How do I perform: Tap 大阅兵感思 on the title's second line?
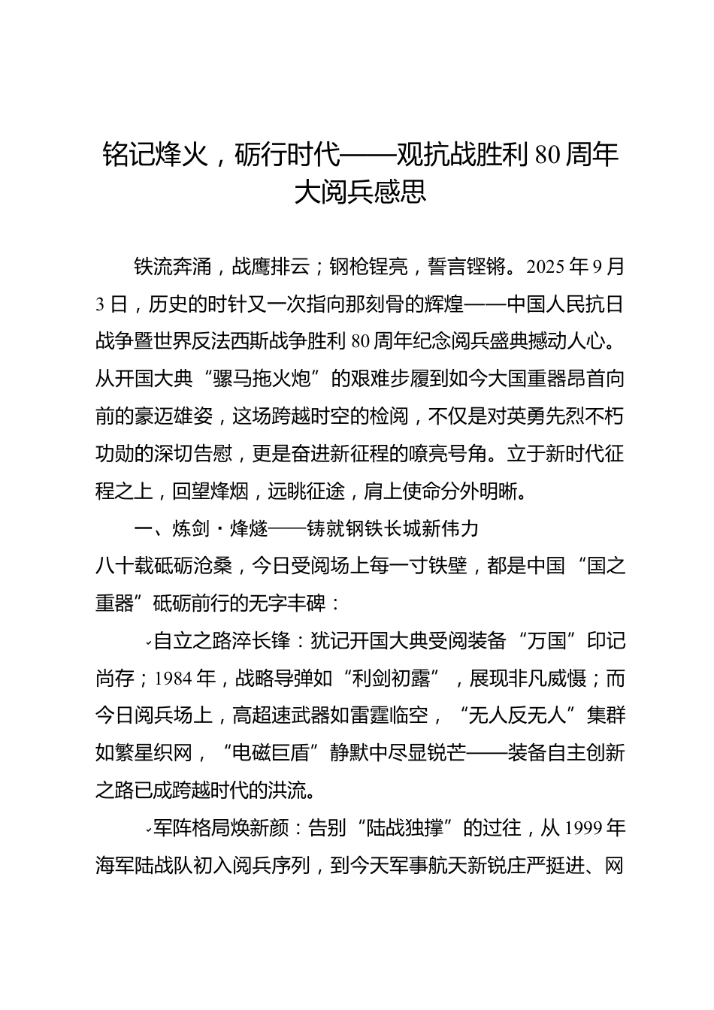(361, 192)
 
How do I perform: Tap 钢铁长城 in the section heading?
(383, 529)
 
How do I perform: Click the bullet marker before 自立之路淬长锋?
(149, 643)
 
